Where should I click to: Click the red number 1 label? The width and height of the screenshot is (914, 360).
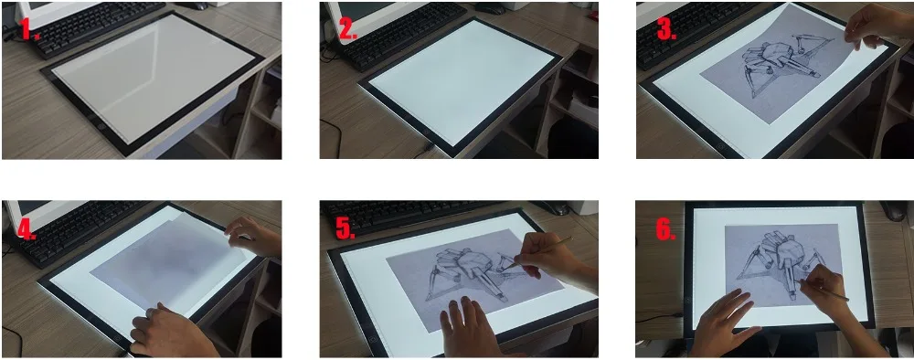tap(29, 28)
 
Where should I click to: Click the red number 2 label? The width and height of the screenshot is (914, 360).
tap(347, 28)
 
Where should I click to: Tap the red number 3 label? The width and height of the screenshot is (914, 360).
tap(666, 28)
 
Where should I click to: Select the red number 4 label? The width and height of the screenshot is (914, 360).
tap(27, 229)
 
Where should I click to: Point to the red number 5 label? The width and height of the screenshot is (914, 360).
tap(345, 229)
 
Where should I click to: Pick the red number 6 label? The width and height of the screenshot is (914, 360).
tap(665, 229)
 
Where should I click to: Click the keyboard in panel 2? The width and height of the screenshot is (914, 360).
tap(402, 34)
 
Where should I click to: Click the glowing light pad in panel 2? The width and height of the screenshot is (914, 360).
tap(461, 81)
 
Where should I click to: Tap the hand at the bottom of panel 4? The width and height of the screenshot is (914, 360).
tap(169, 332)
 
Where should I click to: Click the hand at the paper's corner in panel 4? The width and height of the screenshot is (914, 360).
tap(253, 236)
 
